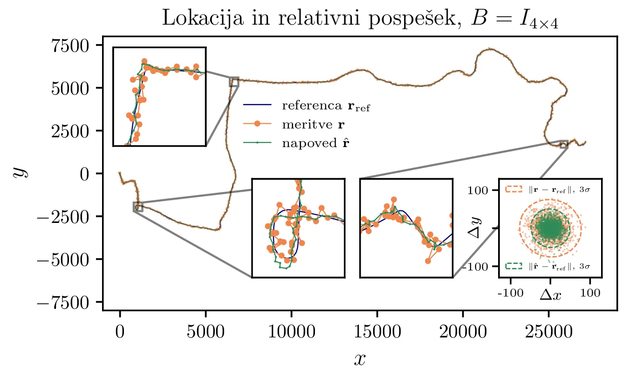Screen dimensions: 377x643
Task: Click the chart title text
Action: tap(360, 19)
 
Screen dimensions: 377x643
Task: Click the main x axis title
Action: tap(359, 358)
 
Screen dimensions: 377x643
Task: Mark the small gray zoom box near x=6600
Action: tap(234, 82)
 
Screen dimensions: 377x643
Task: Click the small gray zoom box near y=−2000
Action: tap(138, 207)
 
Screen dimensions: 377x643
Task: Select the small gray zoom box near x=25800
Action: tap(564, 144)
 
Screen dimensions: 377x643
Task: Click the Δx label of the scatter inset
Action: tap(550, 294)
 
